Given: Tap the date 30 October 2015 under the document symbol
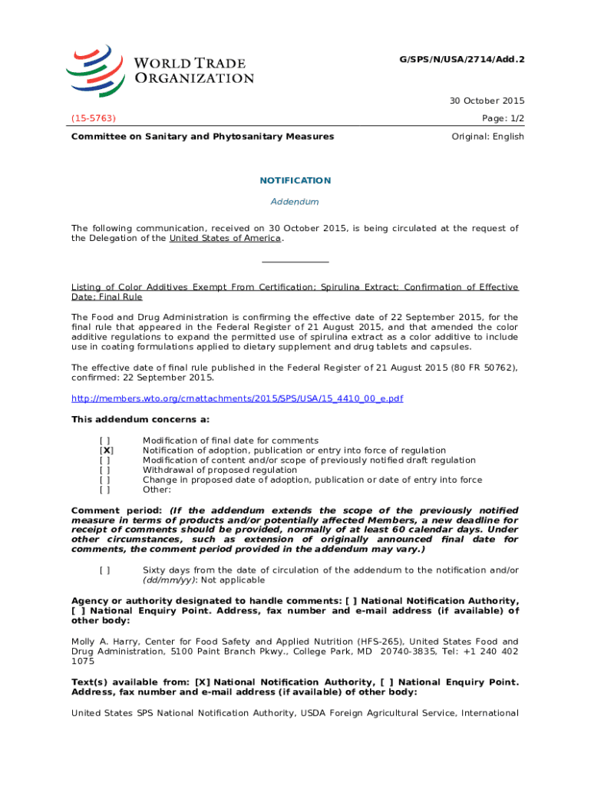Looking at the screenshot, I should coord(487,101).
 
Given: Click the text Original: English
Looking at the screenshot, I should coord(487,137).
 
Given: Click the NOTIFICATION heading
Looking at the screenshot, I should coord(295,180).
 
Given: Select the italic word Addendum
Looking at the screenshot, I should coord(295,202).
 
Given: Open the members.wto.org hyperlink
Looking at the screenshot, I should coord(237,398).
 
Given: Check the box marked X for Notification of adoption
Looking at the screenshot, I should coord(107,451).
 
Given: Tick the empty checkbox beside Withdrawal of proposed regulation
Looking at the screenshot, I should coord(104,470).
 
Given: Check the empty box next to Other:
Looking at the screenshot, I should coord(104,489).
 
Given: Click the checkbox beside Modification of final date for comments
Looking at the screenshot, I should coord(104,441).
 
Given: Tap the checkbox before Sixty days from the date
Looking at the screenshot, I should coord(104,570).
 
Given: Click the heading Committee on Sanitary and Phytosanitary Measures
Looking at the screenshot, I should coord(203,137).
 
